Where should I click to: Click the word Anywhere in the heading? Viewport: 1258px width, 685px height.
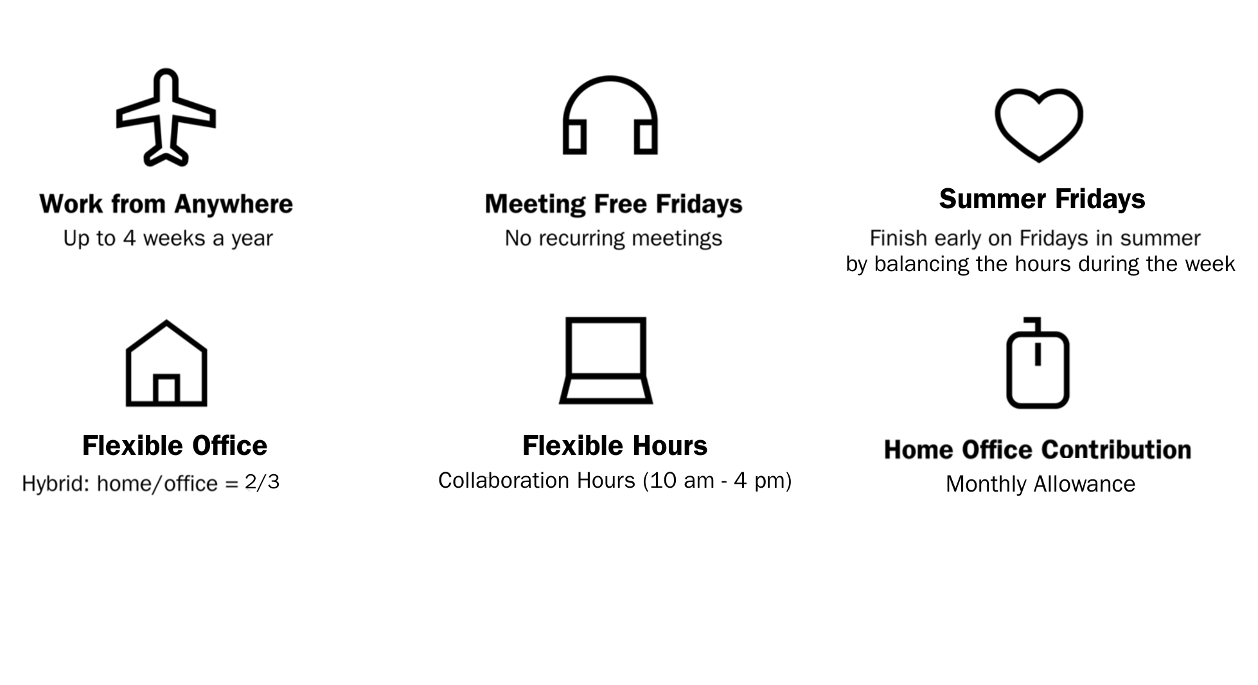tap(233, 204)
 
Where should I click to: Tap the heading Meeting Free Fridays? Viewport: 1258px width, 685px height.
tap(614, 204)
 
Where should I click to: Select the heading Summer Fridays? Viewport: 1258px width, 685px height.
tap(1042, 199)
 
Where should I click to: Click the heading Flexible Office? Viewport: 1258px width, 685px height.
tap(175, 446)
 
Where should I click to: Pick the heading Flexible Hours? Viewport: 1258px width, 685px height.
tap(615, 446)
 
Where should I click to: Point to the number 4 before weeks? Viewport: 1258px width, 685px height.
tap(130, 238)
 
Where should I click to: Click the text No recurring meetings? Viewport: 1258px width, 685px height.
tap(614, 239)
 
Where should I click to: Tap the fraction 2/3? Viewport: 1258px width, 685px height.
tap(262, 483)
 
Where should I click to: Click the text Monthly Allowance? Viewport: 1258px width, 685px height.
tap(1041, 485)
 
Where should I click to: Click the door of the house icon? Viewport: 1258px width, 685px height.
tap(166, 389)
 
